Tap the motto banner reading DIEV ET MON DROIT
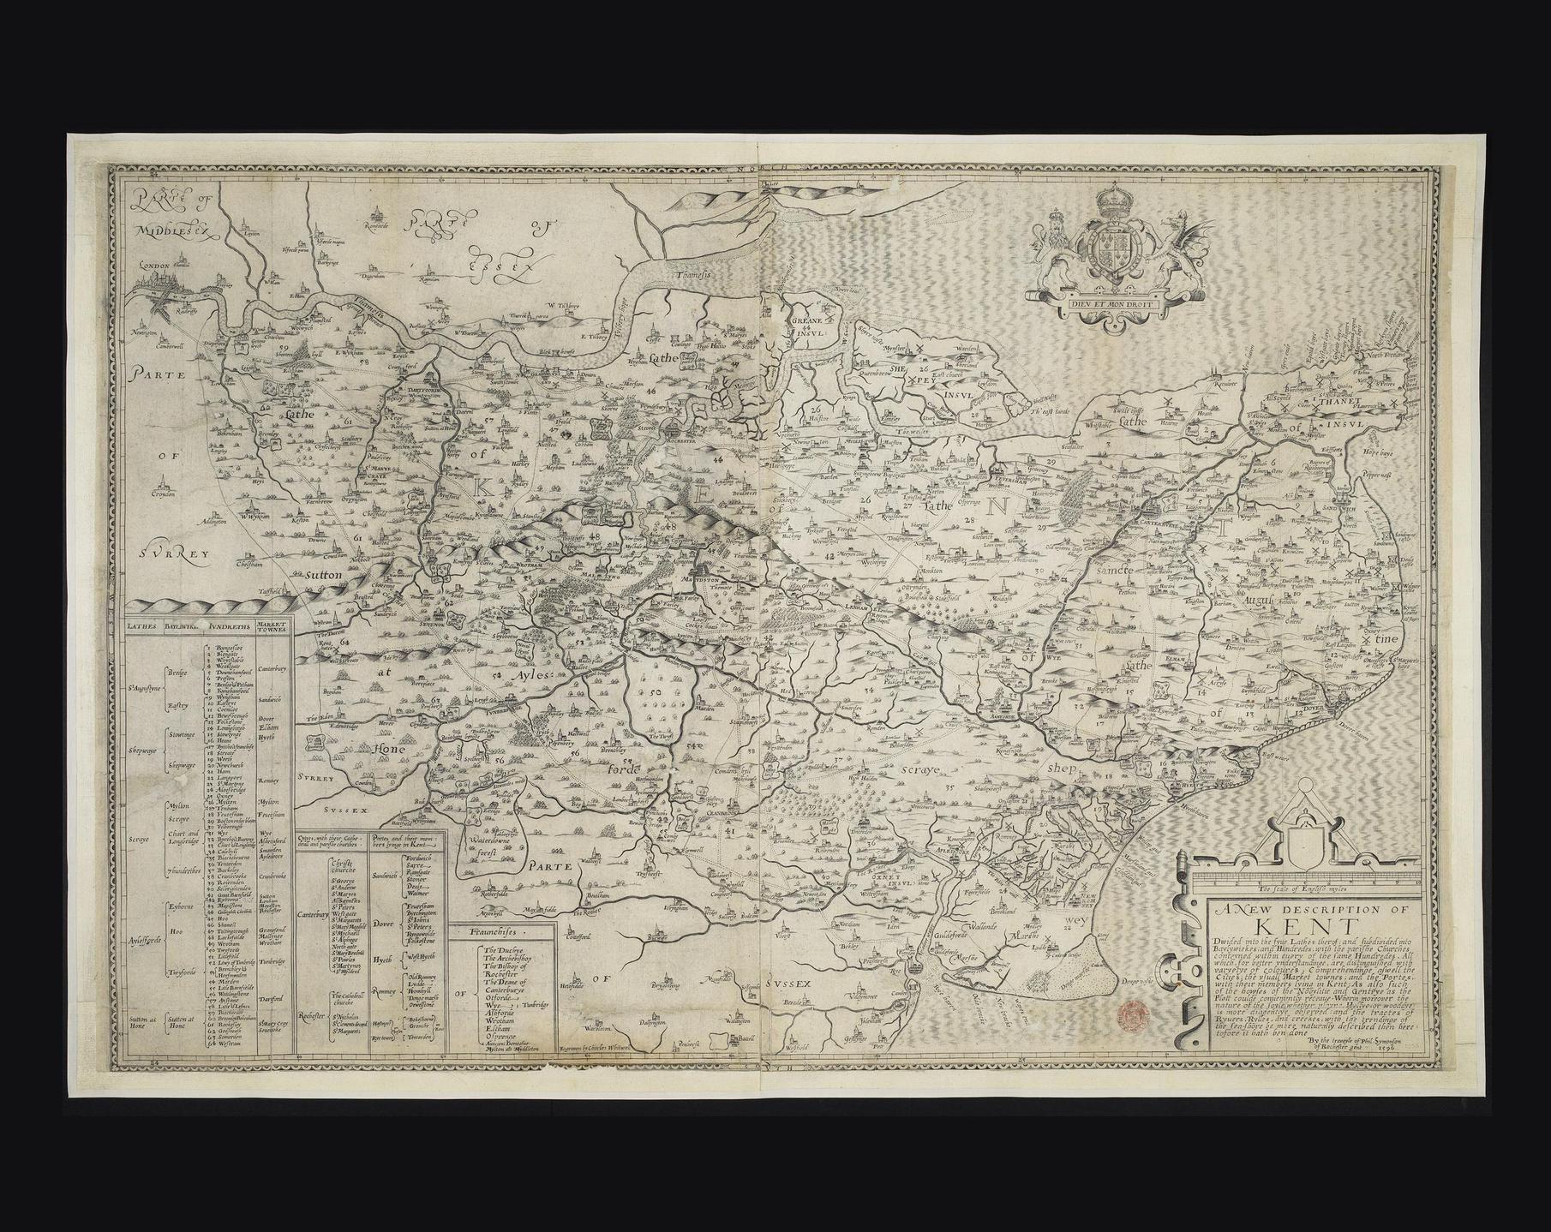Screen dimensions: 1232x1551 click(x=1111, y=302)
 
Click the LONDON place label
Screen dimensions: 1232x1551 click(x=157, y=266)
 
